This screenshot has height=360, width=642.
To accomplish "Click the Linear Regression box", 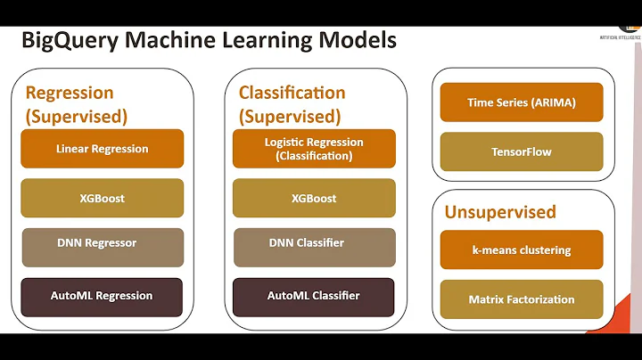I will [102, 149].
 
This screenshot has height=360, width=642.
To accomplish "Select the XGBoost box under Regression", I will [102, 198].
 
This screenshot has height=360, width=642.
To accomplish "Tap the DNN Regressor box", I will [102, 247].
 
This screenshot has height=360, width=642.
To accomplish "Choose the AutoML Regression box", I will [102, 296].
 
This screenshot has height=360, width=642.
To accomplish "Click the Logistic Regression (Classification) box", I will [314, 149].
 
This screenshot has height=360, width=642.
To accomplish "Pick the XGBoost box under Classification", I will [314, 198].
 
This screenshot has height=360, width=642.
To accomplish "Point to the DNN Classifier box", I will [314, 247].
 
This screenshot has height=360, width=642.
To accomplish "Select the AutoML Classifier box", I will [314, 296].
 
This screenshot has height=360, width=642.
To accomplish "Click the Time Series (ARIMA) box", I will [522, 102].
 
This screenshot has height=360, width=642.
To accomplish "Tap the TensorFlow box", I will [522, 151].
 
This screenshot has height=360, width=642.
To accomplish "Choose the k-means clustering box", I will [522, 250].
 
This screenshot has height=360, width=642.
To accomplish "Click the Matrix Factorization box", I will [522, 299].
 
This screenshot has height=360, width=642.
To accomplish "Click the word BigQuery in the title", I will [68, 40].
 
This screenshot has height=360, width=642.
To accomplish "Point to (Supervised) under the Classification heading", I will [290, 116].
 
